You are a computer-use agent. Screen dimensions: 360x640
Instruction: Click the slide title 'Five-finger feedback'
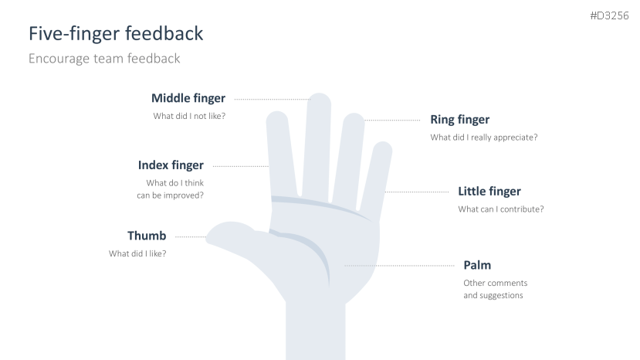(116, 34)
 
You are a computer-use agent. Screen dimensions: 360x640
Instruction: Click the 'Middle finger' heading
(188, 98)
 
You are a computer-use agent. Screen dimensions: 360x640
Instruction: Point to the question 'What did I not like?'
(189, 117)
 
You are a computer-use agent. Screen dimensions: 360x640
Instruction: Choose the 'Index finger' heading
(171, 165)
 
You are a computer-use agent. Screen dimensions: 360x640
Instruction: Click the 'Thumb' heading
(147, 236)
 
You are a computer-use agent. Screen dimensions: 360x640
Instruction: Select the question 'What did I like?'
(137, 253)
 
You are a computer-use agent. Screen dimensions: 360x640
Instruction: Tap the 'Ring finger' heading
(459, 120)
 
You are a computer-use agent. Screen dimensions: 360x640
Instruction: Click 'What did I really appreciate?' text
(483, 138)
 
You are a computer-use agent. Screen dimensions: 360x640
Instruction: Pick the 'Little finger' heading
(489, 191)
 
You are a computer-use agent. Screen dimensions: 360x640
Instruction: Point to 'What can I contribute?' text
(500, 209)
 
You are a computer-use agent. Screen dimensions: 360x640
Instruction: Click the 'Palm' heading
(477, 265)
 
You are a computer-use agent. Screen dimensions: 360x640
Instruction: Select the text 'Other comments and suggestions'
(493, 289)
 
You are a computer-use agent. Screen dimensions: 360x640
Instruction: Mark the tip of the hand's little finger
(384, 146)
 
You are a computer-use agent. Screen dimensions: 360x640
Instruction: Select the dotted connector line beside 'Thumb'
(191, 236)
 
